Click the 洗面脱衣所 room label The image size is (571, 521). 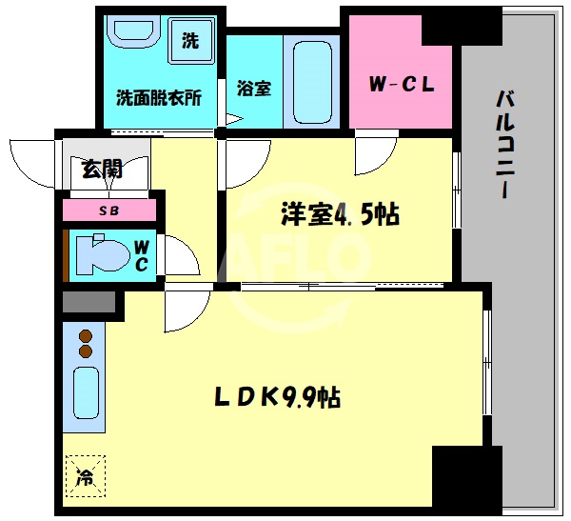[158, 97]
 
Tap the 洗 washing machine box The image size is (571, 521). [190, 41]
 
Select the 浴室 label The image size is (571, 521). [253, 88]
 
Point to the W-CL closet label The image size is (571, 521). [402, 84]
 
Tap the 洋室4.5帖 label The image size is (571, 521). [339, 214]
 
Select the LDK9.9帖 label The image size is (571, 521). [277, 395]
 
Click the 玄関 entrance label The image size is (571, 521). [102, 170]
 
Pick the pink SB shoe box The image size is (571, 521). [109, 210]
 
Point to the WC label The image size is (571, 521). [141, 255]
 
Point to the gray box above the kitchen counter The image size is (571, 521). [89, 305]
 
